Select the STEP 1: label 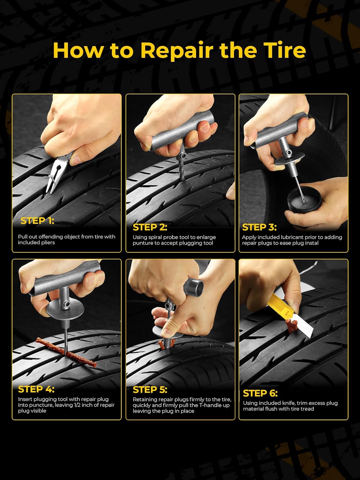37,221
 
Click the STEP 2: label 150,227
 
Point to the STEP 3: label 259,227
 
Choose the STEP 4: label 36,389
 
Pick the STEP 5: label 150,389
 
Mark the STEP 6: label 260,393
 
